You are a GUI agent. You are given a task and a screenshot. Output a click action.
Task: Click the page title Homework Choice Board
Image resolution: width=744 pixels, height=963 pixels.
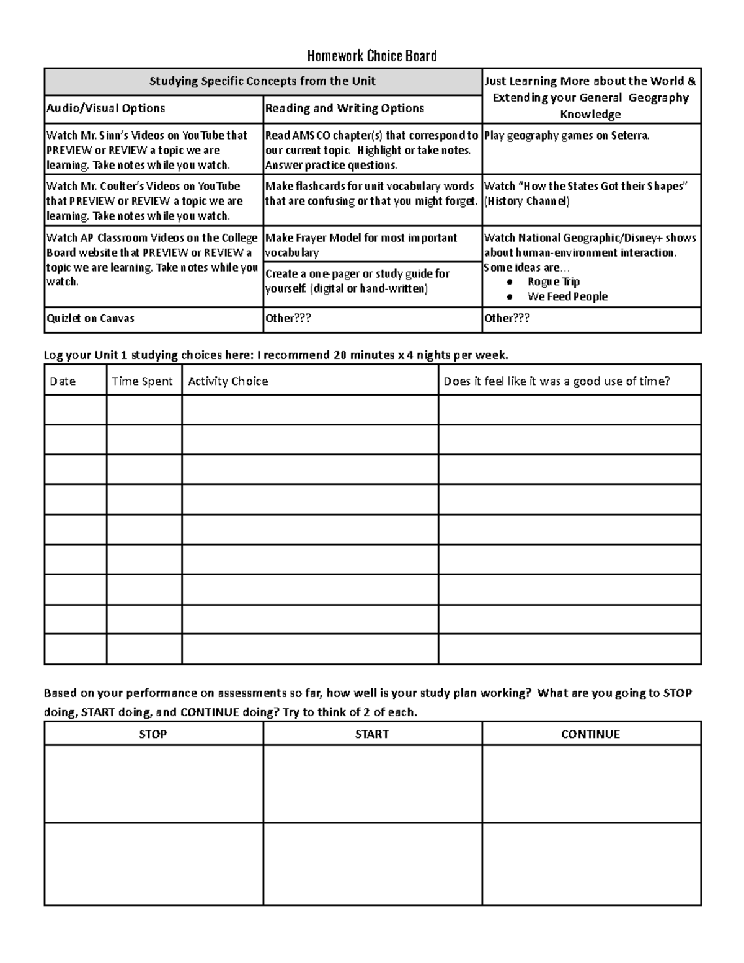[x=372, y=56]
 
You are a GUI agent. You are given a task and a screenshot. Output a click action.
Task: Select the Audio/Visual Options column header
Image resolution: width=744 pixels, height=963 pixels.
[x=106, y=109]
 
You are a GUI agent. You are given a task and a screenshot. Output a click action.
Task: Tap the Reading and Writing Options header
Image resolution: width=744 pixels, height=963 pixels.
[x=345, y=109]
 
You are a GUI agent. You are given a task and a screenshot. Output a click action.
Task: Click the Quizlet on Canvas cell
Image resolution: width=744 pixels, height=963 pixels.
[x=91, y=319]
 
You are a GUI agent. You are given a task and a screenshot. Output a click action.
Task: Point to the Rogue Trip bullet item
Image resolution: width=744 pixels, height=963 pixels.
[x=553, y=282]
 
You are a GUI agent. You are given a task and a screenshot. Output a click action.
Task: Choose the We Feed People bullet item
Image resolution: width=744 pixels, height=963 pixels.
[x=567, y=296]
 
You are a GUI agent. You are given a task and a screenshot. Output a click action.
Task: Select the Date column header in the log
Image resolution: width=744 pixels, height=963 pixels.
[x=63, y=381]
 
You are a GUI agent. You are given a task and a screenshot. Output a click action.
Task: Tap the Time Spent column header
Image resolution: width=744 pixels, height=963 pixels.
[x=142, y=381]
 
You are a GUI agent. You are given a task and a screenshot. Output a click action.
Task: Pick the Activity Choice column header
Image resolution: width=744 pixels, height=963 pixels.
[x=228, y=381]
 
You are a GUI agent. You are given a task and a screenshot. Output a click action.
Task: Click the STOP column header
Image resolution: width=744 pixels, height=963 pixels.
[x=153, y=734]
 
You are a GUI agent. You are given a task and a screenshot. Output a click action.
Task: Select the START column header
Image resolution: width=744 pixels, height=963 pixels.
[x=372, y=734]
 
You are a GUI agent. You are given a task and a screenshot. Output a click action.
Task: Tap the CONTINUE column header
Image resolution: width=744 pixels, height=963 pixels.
[x=590, y=734]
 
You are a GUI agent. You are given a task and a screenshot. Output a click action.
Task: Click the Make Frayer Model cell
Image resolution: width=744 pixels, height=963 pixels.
[x=361, y=245]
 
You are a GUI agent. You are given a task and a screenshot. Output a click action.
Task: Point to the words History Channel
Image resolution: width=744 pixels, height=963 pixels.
[x=527, y=201]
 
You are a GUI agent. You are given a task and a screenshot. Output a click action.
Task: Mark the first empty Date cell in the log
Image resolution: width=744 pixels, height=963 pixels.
[x=75, y=410]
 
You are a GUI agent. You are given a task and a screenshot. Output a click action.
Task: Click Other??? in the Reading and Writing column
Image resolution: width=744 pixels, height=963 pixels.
[x=288, y=319]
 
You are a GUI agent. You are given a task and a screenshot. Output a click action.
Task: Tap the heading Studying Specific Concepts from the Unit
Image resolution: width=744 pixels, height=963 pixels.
[x=262, y=81]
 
